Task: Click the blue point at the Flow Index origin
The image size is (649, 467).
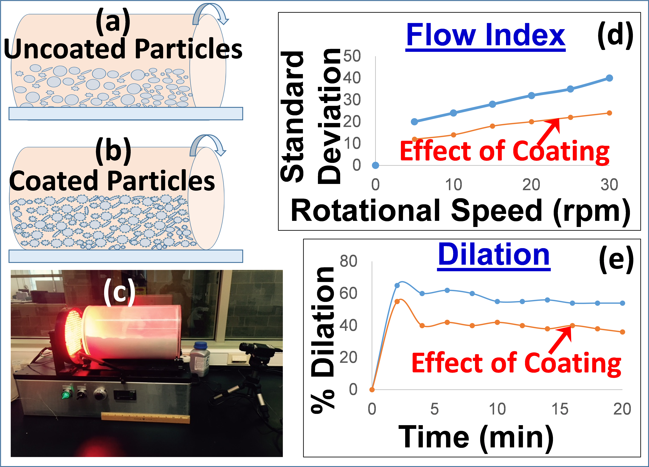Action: click(375, 165)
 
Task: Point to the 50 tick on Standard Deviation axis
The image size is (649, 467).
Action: click(352, 56)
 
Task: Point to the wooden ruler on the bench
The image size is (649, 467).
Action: click(145, 418)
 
